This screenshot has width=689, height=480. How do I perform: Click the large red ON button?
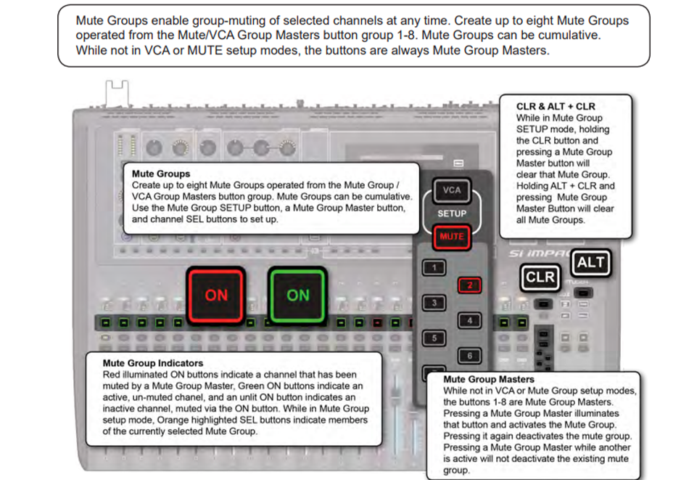point(215,296)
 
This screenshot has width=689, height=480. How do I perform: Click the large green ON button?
point(298,296)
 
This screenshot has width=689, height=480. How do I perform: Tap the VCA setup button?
point(452,190)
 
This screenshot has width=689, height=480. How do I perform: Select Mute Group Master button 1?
point(434,267)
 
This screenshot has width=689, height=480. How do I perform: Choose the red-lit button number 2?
point(470,285)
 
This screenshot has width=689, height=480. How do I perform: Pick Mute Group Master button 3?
point(434,303)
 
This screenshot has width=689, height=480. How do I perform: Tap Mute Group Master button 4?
point(470,320)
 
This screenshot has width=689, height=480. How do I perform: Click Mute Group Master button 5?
point(434,338)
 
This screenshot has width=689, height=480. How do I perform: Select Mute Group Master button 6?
point(470,356)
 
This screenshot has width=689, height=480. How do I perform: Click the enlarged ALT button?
point(591,263)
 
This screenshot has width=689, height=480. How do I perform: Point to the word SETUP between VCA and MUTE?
point(452,213)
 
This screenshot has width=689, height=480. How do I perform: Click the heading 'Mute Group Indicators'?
point(153,363)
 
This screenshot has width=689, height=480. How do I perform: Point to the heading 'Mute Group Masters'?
point(489,379)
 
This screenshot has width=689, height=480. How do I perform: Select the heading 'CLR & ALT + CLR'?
point(556,107)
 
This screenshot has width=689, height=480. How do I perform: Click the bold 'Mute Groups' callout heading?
point(161,174)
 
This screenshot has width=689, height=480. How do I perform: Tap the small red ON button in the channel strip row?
point(377,323)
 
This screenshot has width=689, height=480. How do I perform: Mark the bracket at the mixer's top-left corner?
point(117,93)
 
